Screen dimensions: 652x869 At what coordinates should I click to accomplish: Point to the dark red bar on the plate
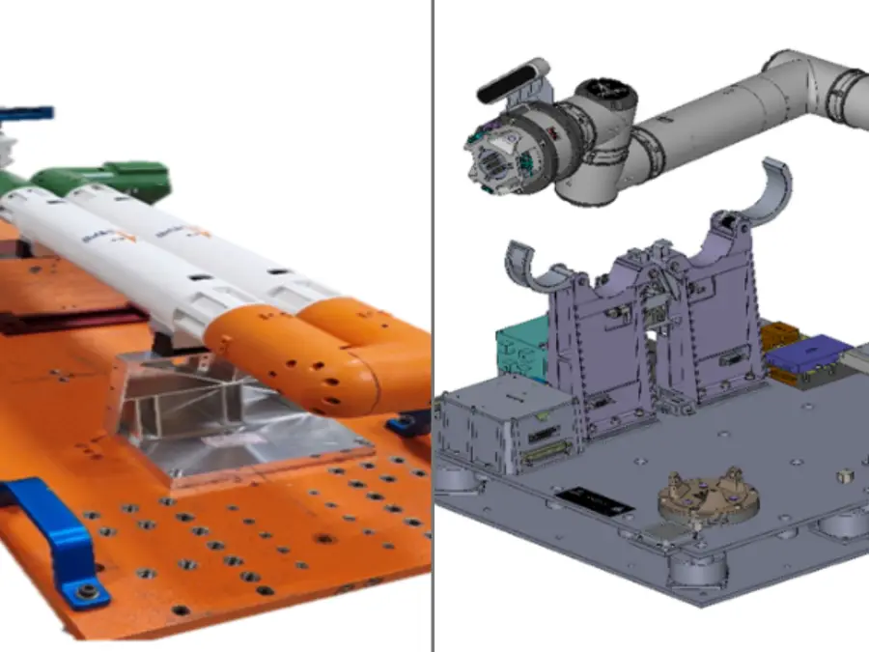tap(68, 320)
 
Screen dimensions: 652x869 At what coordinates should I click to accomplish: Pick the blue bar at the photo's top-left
tap(26, 114)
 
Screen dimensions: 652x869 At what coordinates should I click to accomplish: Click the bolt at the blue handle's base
tap(87, 590)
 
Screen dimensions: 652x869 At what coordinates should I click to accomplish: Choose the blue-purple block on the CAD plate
tap(809, 354)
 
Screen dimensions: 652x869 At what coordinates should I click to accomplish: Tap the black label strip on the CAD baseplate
tap(595, 501)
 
